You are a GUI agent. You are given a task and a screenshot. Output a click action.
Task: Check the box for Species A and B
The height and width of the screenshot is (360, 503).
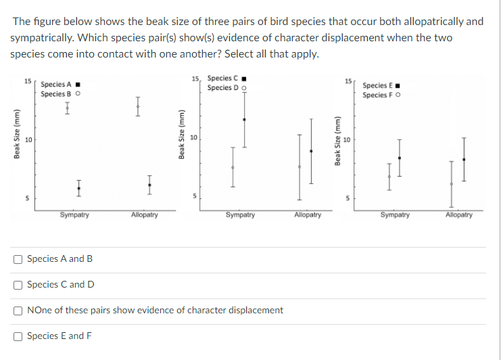click(x=18, y=259)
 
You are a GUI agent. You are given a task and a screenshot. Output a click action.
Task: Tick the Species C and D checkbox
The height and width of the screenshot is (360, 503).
click(x=18, y=285)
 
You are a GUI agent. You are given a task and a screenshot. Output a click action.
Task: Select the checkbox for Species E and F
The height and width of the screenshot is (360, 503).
click(x=18, y=336)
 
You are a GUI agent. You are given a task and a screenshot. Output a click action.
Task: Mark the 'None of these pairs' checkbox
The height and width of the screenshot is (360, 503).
click(x=18, y=311)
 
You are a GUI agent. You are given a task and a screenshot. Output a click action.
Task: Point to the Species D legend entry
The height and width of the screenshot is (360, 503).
click(x=226, y=88)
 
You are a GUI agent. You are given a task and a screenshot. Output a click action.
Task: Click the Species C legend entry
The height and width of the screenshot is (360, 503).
click(x=226, y=79)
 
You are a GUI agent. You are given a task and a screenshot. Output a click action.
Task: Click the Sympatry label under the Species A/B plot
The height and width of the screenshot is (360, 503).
click(x=74, y=215)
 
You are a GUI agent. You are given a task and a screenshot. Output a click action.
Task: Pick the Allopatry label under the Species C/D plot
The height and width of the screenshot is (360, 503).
click(x=308, y=215)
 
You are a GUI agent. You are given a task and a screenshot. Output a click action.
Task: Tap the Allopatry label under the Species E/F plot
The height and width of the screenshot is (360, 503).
click(x=459, y=215)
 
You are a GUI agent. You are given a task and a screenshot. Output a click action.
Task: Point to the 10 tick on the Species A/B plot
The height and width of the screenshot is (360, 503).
click(x=28, y=140)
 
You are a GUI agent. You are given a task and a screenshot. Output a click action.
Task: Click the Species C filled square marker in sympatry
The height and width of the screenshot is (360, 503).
click(x=245, y=120)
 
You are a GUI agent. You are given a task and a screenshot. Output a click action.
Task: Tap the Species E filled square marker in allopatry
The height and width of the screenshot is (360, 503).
click(x=464, y=160)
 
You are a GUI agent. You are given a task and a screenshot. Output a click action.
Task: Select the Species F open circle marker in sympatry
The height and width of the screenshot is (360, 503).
click(x=389, y=177)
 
